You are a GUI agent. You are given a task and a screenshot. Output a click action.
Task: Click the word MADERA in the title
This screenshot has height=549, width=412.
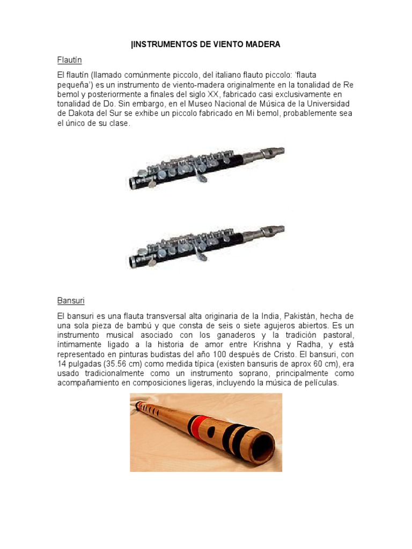click(262, 44)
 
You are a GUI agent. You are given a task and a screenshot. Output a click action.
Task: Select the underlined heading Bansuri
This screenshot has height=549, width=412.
click(71, 301)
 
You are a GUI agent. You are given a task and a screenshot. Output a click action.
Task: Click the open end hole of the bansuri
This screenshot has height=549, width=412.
click(260, 444)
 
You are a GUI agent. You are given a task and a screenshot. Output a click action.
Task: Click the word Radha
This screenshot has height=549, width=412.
click(314, 345)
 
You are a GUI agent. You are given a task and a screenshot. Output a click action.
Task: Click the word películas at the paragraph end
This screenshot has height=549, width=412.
click(320, 383)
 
